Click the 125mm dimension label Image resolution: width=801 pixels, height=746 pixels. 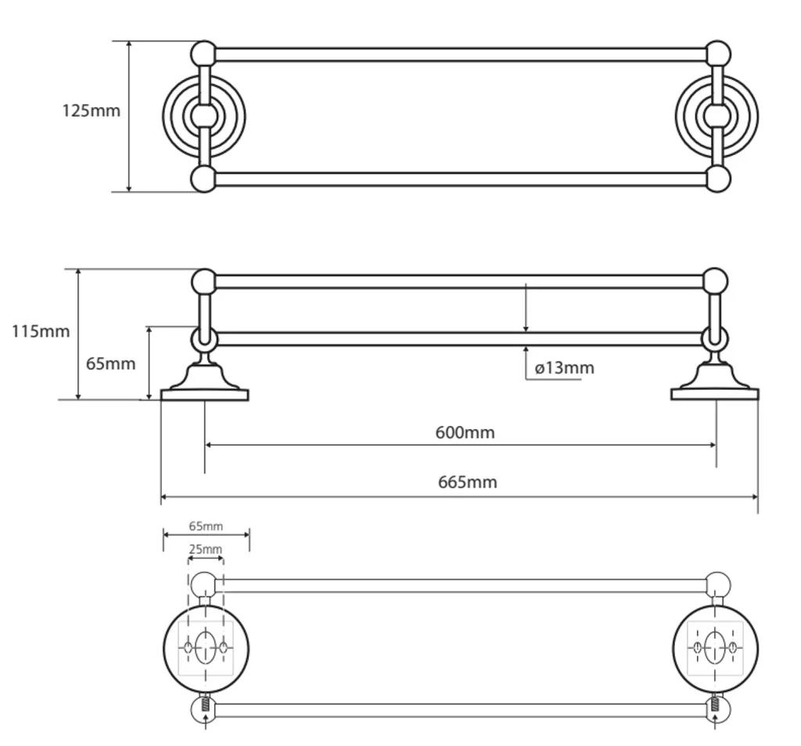(x=91, y=111)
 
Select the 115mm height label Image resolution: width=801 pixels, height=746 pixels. (x=41, y=331)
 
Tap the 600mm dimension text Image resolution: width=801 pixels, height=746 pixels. (x=465, y=433)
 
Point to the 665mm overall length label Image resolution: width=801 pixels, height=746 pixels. (x=468, y=482)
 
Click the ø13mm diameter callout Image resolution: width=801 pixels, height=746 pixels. (x=565, y=368)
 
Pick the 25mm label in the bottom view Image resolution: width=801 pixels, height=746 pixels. (x=206, y=550)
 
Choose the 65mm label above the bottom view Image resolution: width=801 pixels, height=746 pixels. (x=206, y=526)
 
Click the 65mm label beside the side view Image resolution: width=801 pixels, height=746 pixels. (x=111, y=364)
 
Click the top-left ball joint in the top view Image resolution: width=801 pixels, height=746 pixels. (x=204, y=54)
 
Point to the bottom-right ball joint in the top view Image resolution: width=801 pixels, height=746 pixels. (x=718, y=179)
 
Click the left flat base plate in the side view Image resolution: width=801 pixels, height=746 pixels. (x=204, y=395)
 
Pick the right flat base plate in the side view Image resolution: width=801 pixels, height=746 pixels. (x=715, y=395)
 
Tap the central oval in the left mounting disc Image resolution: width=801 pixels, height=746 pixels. (x=206, y=647)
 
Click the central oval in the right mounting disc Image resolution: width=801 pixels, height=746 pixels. (x=714, y=647)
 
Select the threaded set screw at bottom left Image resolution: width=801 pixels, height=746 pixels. (x=206, y=704)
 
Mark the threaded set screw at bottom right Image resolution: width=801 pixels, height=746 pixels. (x=714, y=704)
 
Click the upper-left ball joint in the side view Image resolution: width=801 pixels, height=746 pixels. (x=204, y=281)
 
